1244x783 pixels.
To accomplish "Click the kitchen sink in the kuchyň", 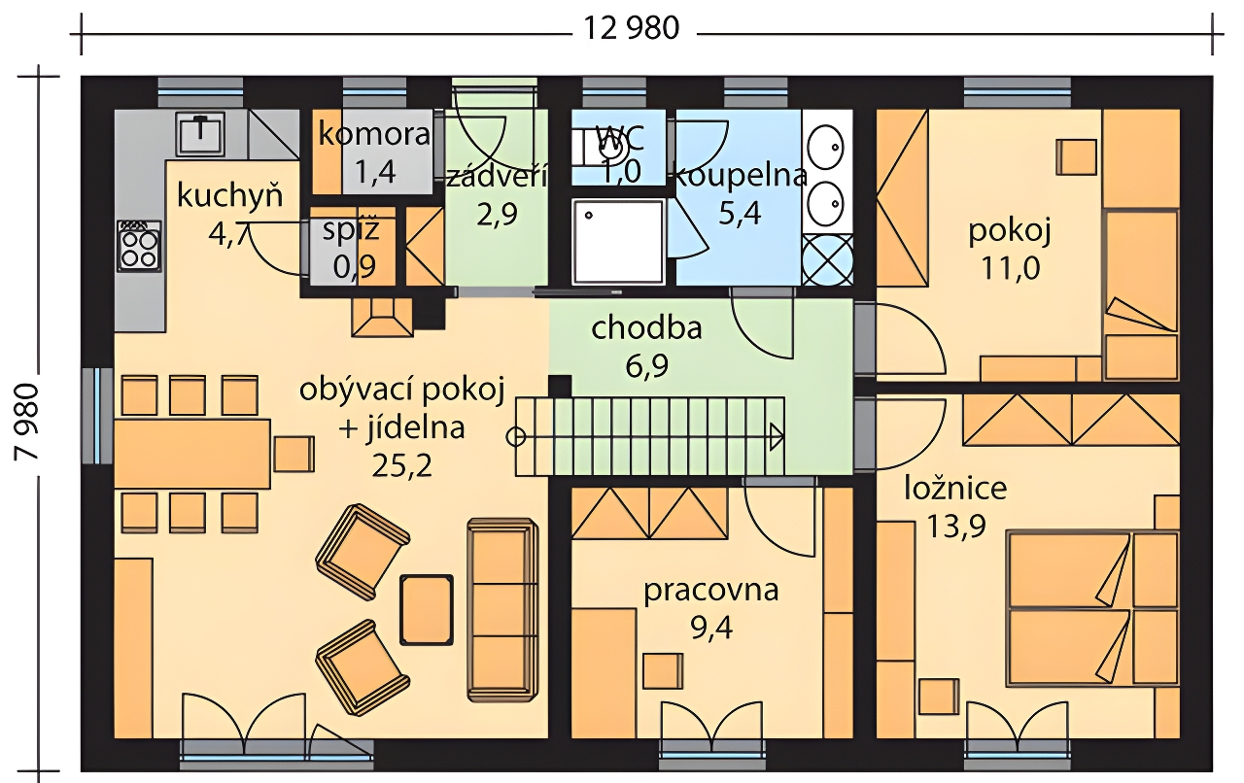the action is click(x=200, y=133).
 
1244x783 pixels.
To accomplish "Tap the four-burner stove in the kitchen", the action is click(x=139, y=246).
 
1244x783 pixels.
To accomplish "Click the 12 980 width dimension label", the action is click(x=632, y=28).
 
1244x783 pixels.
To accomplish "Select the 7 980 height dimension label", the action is click(x=26, y=422).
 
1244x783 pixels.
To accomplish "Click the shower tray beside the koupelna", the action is click(x=619, y=243).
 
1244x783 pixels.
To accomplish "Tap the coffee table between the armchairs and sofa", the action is click(x=427, y=610).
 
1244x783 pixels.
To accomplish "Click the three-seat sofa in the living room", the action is click(x=502, y=610).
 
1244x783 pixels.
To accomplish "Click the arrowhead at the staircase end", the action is click(x=777, y=437).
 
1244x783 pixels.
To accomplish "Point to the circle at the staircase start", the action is click(x=516, y=437).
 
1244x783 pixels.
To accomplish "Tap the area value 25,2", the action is click(x=402, y=466).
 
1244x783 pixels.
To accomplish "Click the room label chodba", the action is click(x=646, y=327).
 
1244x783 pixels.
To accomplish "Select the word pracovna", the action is click(x=710, y=591).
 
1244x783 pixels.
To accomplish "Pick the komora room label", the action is click(x=374, y=134).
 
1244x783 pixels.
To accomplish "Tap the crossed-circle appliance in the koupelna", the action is click(x=827, y=259).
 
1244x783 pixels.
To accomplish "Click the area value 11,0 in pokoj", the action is click(x=1011, y=269).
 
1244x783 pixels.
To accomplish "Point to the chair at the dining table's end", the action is click(x=294, y=454).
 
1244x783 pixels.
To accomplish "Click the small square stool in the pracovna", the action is click(x=663, y=671).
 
